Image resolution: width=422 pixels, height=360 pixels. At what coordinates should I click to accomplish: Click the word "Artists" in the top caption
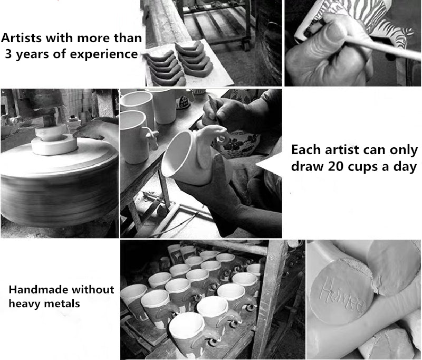tap(21, 38)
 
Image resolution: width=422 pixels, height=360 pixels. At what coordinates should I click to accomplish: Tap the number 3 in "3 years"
tap(8, 54)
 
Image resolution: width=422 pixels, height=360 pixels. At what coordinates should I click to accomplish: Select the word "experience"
tap(104, 55)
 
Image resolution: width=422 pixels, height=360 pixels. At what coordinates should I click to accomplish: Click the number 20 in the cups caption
tap(336, 166)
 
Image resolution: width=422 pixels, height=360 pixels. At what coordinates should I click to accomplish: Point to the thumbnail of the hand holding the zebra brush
tap(353, 43)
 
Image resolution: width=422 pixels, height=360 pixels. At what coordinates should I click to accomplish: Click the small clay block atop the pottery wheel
tap(51, 132)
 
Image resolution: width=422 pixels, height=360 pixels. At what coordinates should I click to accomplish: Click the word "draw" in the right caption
tap(307, 166)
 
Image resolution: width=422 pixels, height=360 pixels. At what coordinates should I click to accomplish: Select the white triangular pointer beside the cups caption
tap(269, 164)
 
